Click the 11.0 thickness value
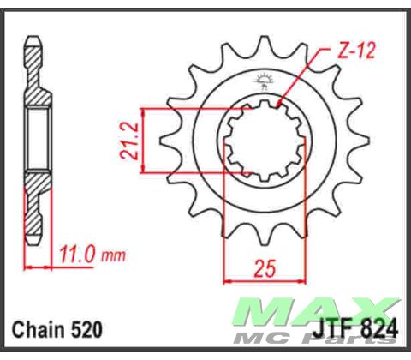coord(78,254)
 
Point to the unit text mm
coord(113,255)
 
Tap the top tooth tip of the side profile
coord(33,40)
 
